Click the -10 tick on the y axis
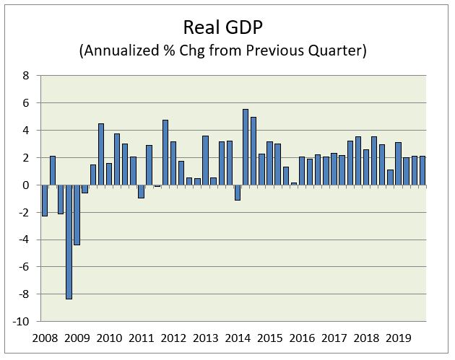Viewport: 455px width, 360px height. click(x=22, y=321)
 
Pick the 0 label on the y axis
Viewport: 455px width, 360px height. click(x=25, y=185)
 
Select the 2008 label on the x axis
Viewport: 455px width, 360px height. click(x=44, y=337)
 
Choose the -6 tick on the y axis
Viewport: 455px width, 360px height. click(x=24, y=267)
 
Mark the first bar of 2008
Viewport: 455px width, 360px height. click(x=45, y=201)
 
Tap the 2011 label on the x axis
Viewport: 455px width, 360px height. click(x=141, y=337)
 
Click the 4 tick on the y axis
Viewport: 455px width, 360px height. click(x=25, y=131)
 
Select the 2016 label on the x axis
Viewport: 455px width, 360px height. click(x=301, y=337)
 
